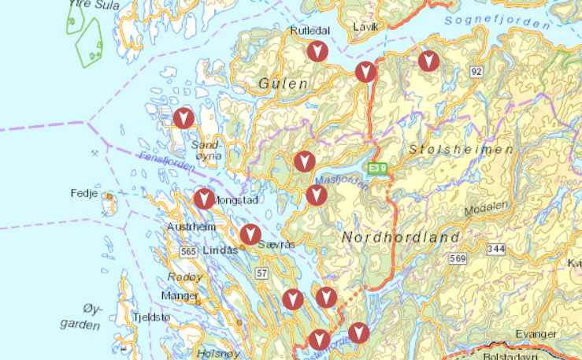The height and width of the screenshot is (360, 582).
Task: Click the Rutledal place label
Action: [x=309, y=30]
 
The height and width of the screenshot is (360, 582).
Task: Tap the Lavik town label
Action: [x=366, y=27]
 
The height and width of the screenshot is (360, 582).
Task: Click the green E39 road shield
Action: [x=379, y=169]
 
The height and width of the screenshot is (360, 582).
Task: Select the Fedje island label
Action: [x=83, y=193]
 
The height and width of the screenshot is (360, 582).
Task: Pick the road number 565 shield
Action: [x=187, y=251]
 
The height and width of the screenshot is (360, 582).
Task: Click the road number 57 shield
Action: [x=261, y=273]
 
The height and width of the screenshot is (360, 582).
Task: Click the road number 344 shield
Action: [x=496, y=249]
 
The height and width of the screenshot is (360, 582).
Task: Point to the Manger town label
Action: [x=180, y=296]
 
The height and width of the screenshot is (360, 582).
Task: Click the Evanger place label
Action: [x=535, y=334]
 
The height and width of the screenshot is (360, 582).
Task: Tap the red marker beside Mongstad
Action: [x=204, y=199]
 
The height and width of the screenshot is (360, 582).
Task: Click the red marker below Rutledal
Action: [x=317, y=52]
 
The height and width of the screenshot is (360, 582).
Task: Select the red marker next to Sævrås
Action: [x=250, y=234]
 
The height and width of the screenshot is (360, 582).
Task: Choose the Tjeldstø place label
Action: [x=152, y=317]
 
